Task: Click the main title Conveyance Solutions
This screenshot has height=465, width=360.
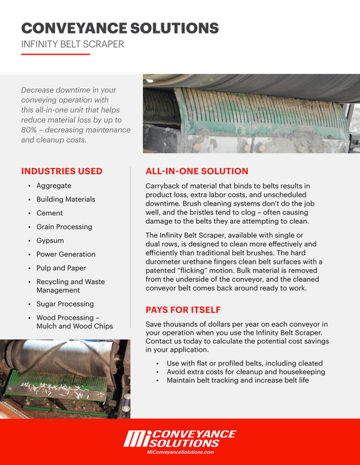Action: pos(120,28)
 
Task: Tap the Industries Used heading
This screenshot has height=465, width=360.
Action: pos(62,171)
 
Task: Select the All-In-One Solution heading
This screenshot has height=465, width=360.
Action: pos(197,171)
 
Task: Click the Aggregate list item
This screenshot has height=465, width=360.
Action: pos(54,186)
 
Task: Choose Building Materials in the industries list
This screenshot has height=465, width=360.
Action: pos(66,199)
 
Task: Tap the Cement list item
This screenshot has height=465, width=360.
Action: pos(50,213)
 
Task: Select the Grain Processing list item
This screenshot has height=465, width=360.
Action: pos(64,227)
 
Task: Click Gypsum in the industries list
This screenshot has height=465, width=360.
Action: pos(51,240)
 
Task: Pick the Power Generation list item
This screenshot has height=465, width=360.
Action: pos(66,254)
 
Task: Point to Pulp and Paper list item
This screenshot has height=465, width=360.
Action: pos(61,268)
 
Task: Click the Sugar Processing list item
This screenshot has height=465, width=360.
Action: pos(65,304)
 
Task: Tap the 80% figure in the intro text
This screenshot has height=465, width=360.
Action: pos(31,129)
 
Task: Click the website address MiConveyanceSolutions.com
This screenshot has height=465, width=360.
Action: pos(180,452)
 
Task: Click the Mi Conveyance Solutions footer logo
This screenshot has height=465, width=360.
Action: pos(180,439)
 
